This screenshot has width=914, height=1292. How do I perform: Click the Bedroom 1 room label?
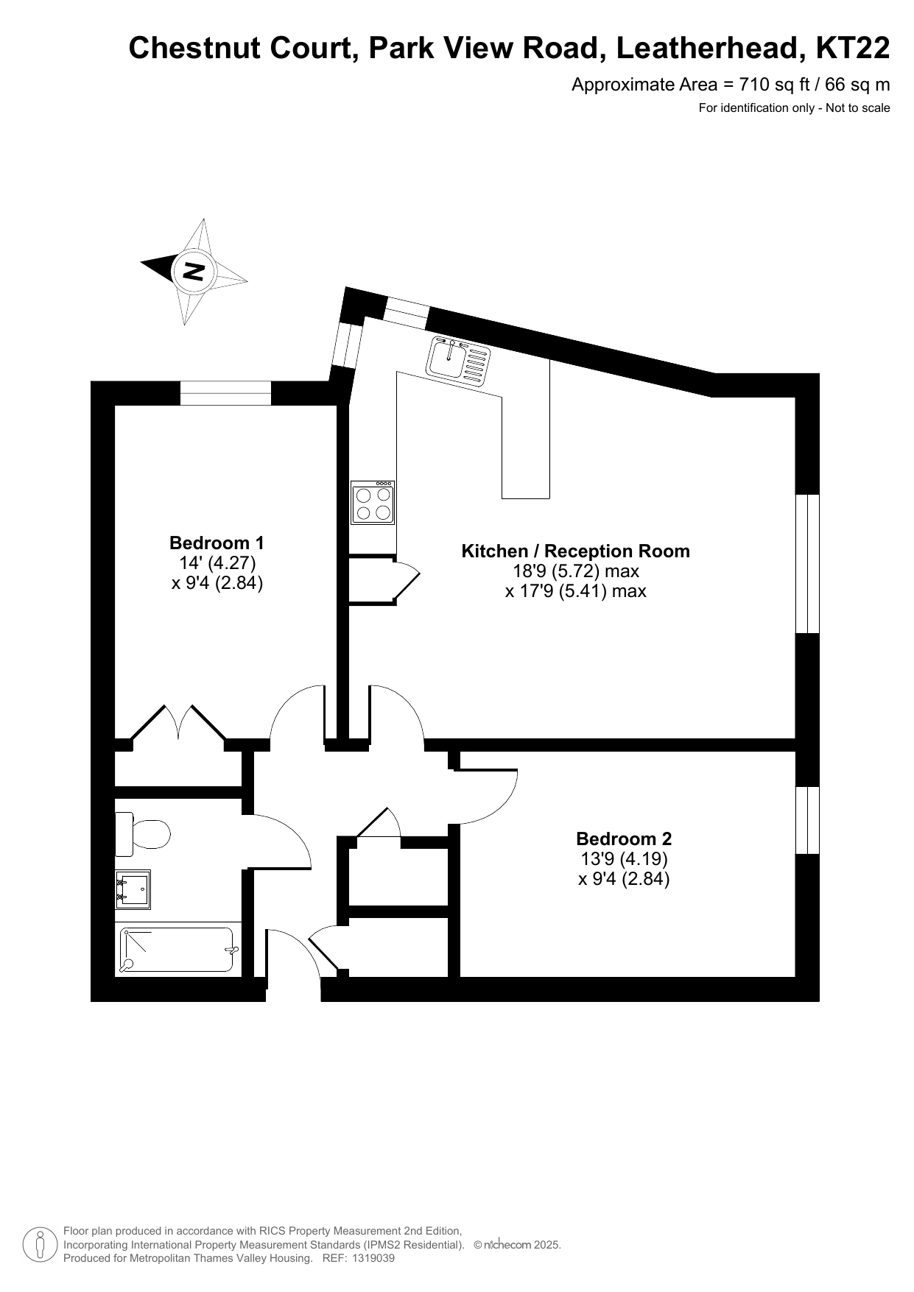(x=217, y=543)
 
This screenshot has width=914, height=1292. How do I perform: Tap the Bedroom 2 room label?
(x=624, y=839)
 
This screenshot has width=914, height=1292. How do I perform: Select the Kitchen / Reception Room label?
(x=575, y=551)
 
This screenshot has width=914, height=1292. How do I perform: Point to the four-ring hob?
(x=373, y=503)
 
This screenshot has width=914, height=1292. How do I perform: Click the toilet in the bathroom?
(x=142, y=834)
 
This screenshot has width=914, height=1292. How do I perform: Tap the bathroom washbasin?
(x=133, y=889)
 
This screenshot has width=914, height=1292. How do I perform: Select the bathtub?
(x=177, y=950)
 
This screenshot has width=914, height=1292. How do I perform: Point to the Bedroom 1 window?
(x=226, y=393)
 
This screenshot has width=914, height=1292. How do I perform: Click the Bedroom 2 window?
(x=808, y=820)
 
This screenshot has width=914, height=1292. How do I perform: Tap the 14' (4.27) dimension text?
(x=217, y=563)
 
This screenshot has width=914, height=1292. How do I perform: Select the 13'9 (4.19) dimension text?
(x=624, y=858)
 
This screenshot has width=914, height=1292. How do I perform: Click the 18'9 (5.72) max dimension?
(x=576, y=571)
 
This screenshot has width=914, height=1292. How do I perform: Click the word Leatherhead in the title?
(x=709, y=49)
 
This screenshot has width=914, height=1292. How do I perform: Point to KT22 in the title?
(x=853, y=49)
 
